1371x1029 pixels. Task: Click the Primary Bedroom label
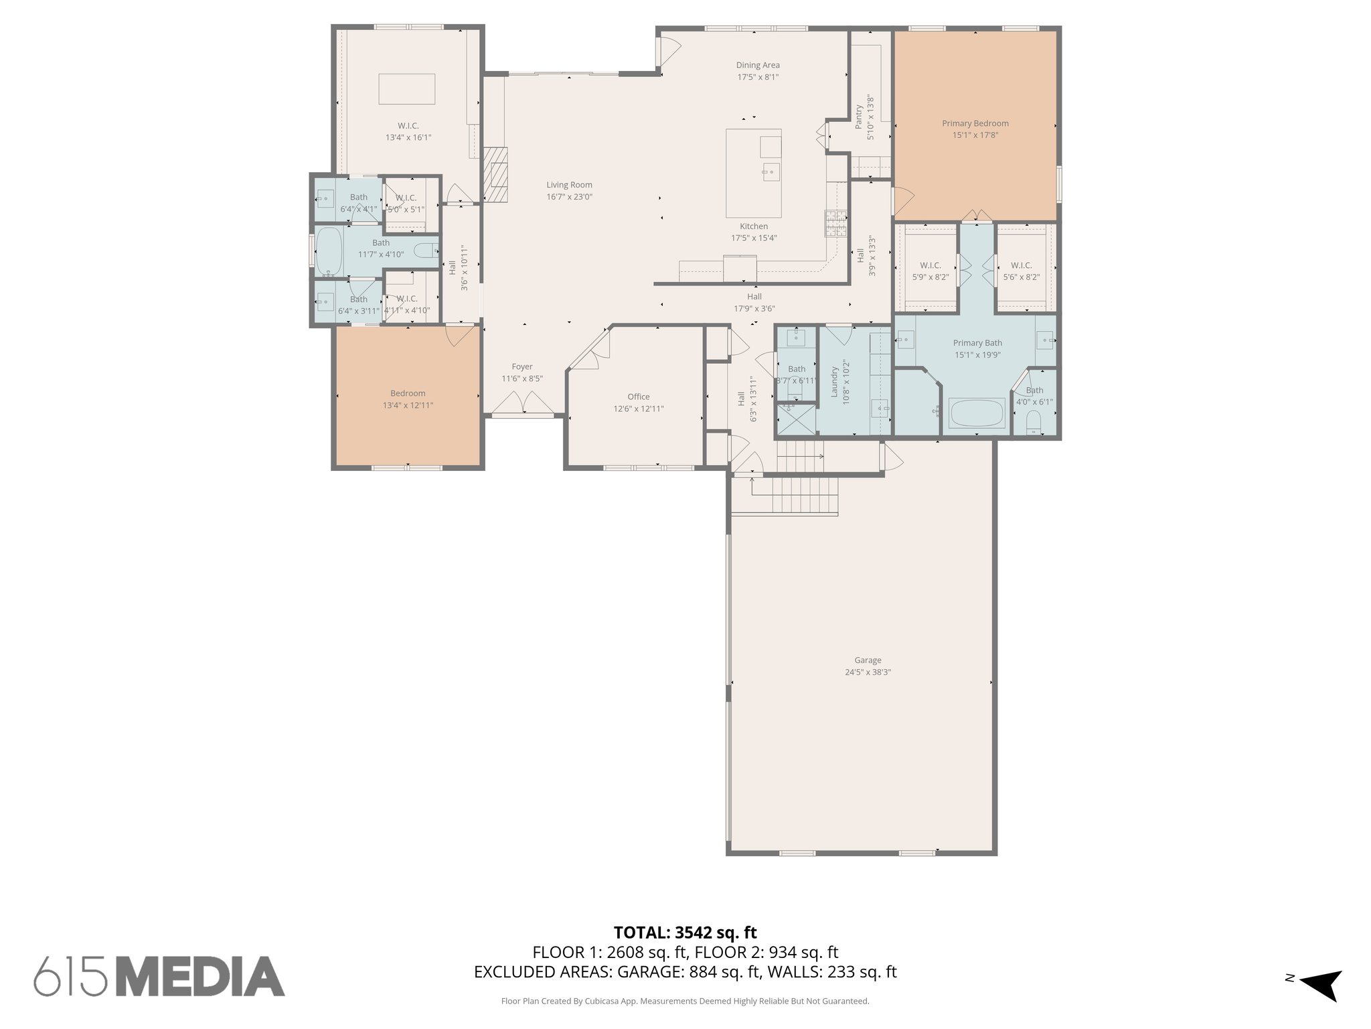tap(975, 123)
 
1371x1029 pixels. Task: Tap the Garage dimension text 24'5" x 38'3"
tap(868, 672)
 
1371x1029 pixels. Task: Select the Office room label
tap(638, 397)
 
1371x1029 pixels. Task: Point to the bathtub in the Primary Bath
tap(977, 413)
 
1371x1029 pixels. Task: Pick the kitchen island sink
tap(770, 172)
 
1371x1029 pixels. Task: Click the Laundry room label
tap(835, 382)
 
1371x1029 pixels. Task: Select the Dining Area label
tap(758, 65)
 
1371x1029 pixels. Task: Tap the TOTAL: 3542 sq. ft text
tap(685, 933)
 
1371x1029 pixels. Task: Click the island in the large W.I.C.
tap(406, 89)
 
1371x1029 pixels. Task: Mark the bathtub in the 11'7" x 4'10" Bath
tap(329, 251)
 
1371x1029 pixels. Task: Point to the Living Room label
tap(569, 185)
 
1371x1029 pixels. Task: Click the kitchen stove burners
tap(835, 224)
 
